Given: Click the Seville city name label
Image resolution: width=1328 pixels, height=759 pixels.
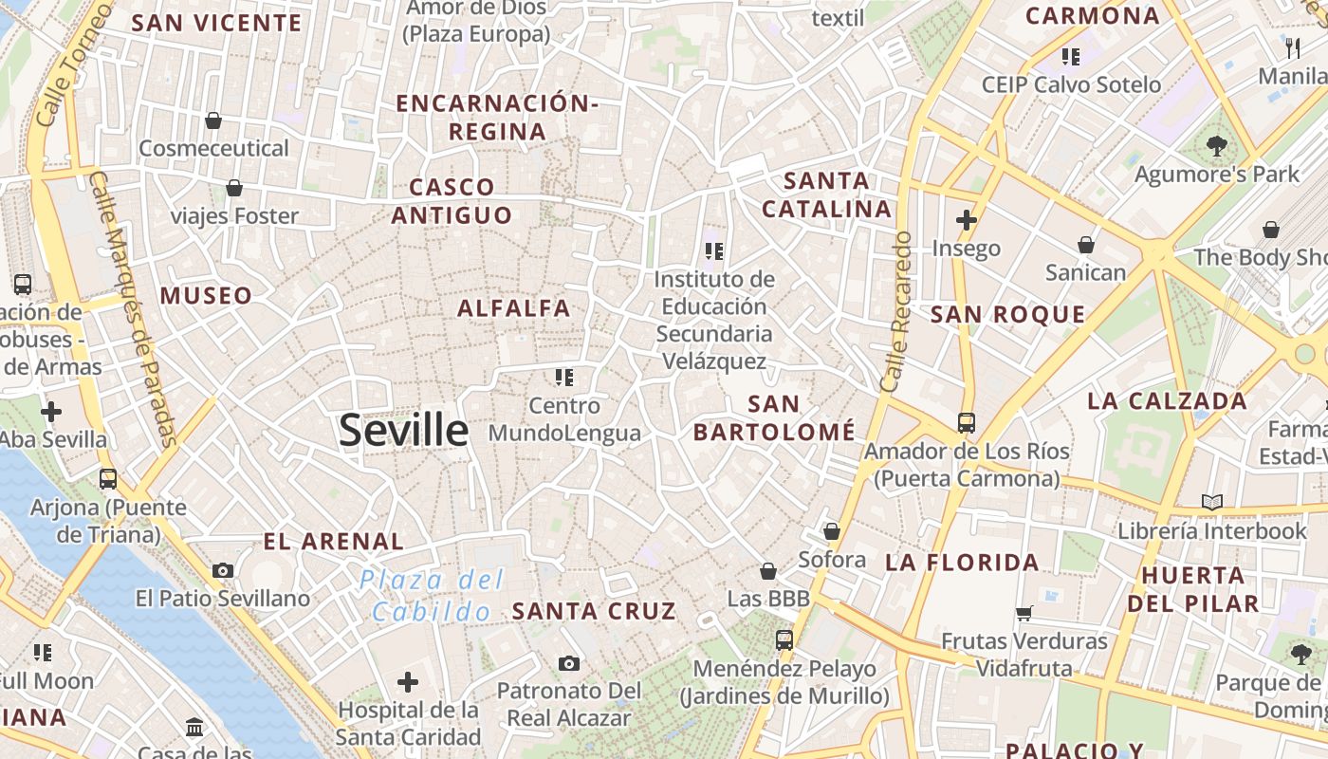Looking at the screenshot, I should [x=403, y=431].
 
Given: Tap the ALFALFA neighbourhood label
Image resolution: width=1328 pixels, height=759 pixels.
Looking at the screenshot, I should [x=514, y=308].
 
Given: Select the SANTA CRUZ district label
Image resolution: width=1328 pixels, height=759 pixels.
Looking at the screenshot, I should [x=594, y=612].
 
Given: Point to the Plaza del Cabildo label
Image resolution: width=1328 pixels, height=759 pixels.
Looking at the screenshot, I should [x=432, y=596].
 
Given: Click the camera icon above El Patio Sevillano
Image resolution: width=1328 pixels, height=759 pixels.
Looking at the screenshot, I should [x=223, y=570].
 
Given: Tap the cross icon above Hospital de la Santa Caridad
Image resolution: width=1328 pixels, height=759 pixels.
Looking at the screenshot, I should [x=408, y=682].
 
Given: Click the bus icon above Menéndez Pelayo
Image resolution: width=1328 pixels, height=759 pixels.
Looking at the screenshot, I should [x=784, y=639].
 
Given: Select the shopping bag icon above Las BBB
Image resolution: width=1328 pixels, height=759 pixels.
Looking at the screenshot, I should [x=768, y=571].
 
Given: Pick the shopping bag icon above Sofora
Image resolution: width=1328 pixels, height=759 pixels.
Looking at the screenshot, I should [x=832, y=531].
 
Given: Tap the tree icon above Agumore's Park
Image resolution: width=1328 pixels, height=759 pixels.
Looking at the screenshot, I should [x=1216, y=146].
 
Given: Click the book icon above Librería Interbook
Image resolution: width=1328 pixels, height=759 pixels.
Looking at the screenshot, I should [x=1211, y=502].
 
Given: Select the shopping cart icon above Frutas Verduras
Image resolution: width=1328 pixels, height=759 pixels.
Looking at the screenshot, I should [x=1024, y=613].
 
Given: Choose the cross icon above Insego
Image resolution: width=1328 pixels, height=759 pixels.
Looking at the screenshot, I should [x=966, y=220].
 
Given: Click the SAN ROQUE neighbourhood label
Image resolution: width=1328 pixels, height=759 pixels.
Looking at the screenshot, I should [x=1007, y=315].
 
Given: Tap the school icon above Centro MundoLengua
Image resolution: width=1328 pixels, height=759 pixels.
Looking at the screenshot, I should [x=564, y=378].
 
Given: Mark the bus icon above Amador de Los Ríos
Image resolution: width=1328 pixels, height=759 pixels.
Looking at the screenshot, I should [x=966, y=422].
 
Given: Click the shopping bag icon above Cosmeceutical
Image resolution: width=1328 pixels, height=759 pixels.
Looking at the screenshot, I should [x=213, y=120].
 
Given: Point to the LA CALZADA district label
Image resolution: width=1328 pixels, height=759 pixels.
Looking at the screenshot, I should [x=1167, y=400].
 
